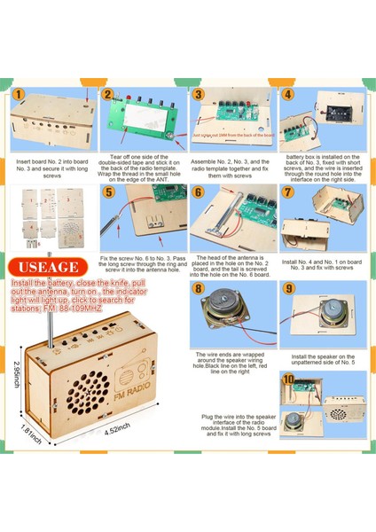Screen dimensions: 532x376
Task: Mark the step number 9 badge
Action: [288, 288]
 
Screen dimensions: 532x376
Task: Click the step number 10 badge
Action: [288, 379]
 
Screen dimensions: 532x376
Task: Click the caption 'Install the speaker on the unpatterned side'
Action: [322, 361]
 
